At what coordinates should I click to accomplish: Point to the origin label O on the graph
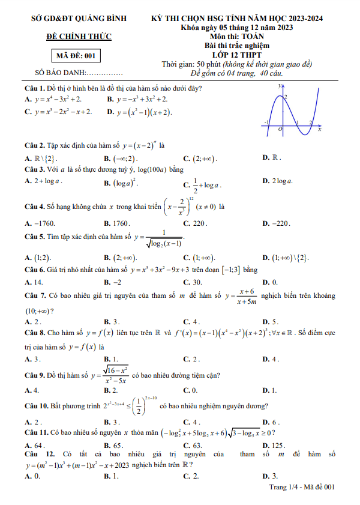[x=280, y=129]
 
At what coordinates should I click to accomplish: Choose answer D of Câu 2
[x=272, y=158]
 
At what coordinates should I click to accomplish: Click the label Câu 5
[x=34, y=236]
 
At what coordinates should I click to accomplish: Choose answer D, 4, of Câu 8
[x=271, y=359]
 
